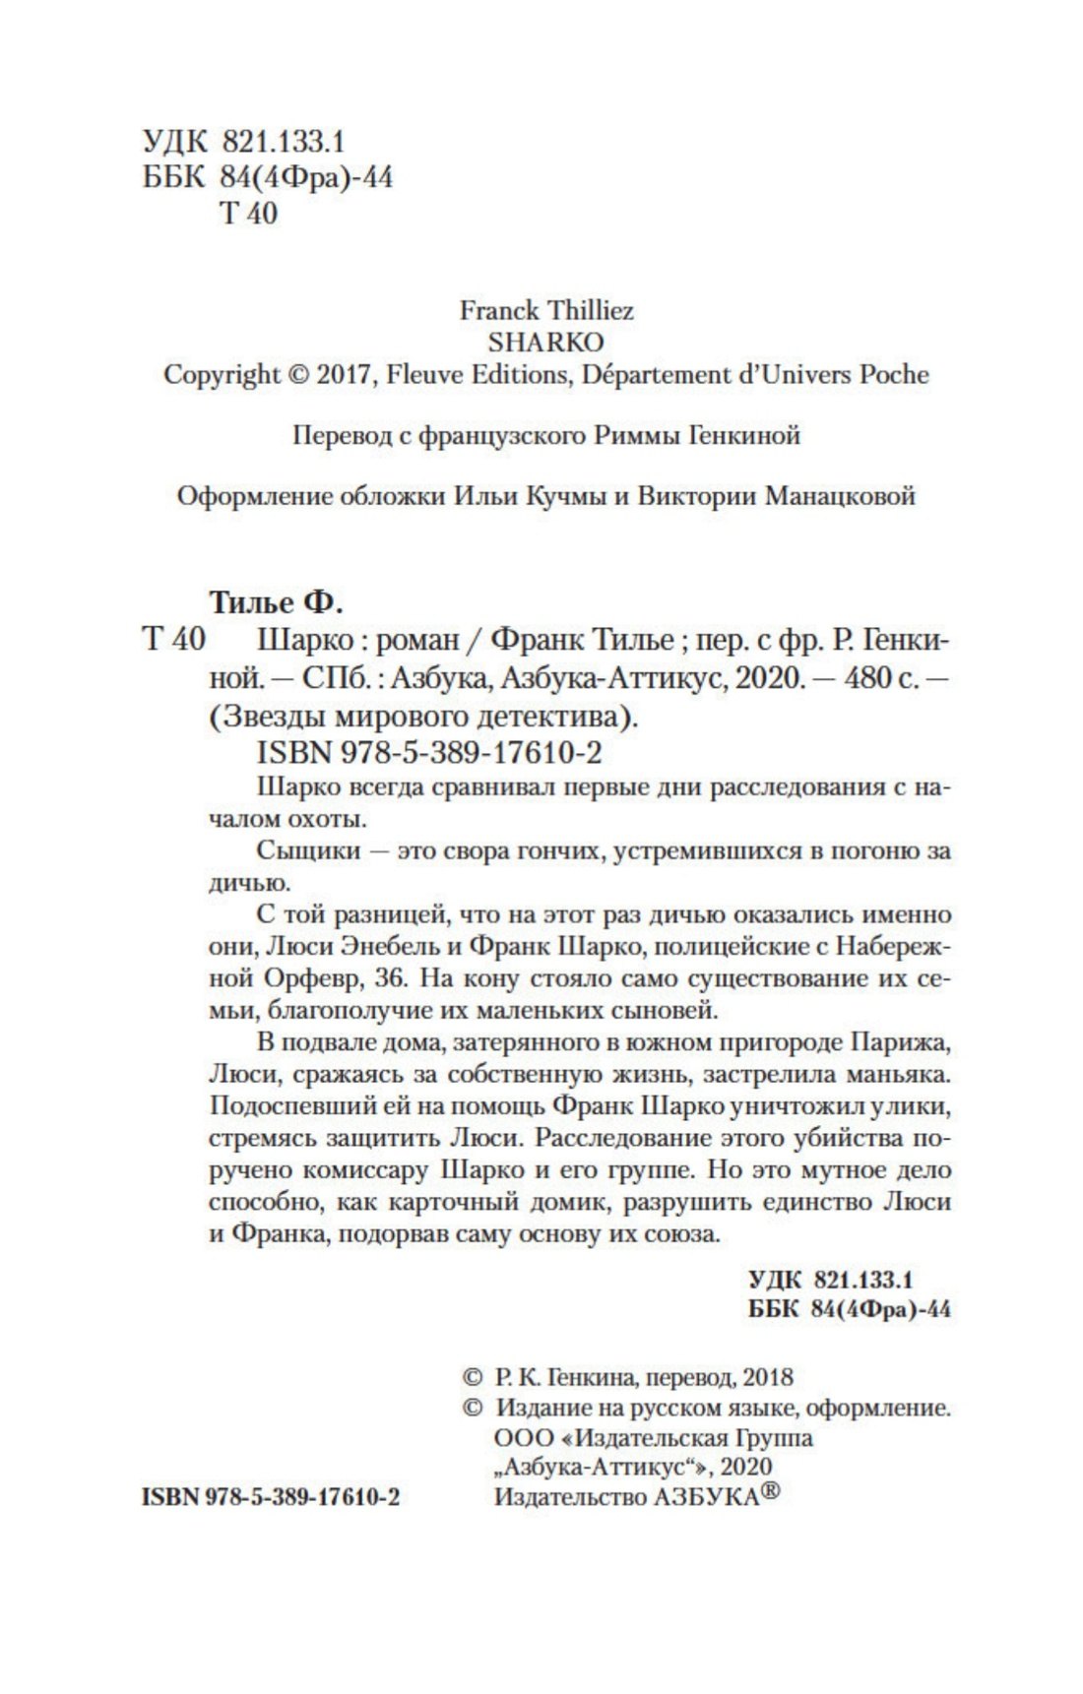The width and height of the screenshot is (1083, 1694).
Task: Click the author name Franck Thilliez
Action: (546, 311)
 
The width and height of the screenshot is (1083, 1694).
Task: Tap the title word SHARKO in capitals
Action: (546, 343)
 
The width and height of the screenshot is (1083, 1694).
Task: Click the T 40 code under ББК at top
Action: (248, 213)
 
